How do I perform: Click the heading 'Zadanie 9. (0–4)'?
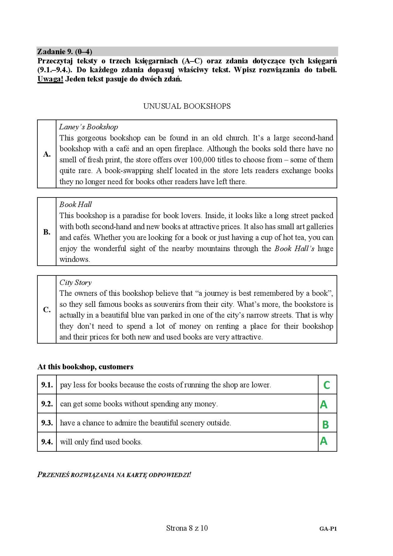65,51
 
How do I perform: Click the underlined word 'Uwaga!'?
50,79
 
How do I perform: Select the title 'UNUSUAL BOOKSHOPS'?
187,106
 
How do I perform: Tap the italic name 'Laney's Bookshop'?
89,127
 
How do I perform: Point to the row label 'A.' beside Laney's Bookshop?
47,154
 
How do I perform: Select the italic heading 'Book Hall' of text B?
75,205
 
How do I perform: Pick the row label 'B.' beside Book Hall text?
47,232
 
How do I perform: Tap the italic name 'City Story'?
75,283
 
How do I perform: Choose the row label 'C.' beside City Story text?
47,310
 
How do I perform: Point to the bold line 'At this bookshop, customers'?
85,367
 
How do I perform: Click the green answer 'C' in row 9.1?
327,385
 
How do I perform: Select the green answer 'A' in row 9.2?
324,405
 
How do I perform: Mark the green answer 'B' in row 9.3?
325,425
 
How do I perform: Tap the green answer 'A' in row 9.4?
324,441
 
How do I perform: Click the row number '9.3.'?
47,423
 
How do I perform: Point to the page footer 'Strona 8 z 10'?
187,528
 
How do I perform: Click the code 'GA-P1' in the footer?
328,529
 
